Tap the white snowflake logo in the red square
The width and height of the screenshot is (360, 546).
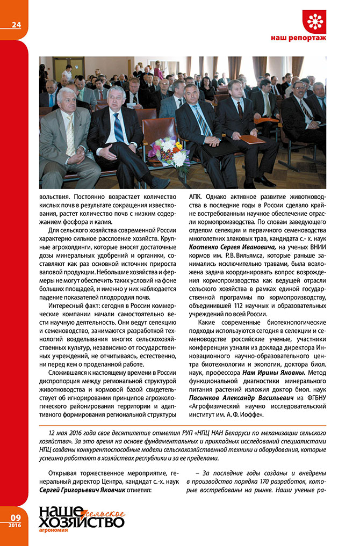[314, 21]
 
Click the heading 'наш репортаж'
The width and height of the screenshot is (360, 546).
[299, 39]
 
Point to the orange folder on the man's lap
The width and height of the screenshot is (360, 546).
[253, 139]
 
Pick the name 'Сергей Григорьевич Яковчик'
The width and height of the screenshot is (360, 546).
[75, 490]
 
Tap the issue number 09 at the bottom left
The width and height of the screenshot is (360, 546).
[15, 518]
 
